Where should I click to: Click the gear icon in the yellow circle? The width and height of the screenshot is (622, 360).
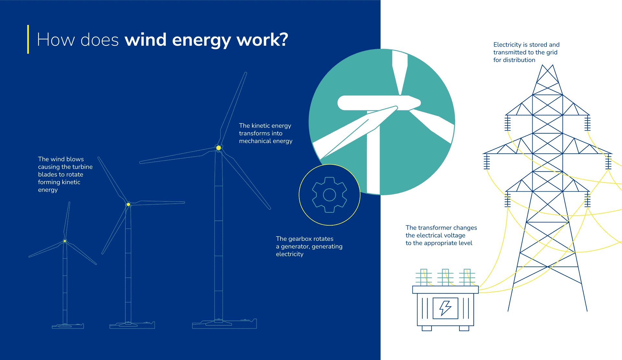point(329,195)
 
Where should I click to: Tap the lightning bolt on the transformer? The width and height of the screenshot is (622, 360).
point(445,308)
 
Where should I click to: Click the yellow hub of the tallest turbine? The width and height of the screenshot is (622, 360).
point(219,148)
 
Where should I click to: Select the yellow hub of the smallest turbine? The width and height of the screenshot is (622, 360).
point(65,241)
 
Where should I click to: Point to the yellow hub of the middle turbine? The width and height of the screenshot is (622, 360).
point(129,204)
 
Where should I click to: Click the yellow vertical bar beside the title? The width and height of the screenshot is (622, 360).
point(28,39)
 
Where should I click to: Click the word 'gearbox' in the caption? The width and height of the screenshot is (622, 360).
point(301,239)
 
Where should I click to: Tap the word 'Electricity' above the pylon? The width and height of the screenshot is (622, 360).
point(507,45)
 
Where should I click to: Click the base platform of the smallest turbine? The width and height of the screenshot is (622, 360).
point(68,326)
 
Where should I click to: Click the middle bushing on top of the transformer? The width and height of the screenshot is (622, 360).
point(445,277)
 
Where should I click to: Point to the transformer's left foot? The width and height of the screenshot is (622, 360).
point(427,328)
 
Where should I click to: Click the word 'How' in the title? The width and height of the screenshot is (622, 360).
point(56,40)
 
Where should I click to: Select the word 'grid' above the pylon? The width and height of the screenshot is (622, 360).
point(552,52)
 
